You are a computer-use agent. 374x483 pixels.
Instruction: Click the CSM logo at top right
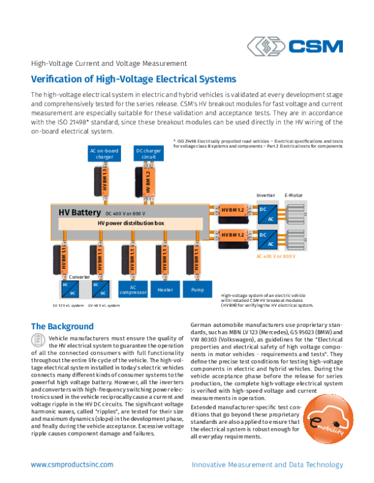294,47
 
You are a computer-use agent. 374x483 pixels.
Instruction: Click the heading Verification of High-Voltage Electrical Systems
133,80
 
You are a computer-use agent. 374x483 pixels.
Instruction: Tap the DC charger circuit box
148,154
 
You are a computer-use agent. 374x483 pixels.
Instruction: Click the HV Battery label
80,212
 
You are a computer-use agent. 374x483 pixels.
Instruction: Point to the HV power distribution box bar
131,223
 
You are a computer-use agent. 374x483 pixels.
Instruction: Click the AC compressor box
133,289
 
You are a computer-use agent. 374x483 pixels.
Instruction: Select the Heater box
165,289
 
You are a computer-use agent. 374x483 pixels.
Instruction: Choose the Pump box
198,289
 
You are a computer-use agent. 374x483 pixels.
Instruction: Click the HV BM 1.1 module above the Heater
165,260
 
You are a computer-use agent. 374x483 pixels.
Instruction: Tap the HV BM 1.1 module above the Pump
197,260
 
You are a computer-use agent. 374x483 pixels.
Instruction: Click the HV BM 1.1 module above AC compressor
133,260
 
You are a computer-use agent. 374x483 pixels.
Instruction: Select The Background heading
62,326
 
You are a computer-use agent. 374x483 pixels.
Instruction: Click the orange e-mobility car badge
328,419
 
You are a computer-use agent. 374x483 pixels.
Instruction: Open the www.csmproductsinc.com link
72,464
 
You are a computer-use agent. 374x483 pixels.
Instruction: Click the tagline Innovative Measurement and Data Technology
267,464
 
